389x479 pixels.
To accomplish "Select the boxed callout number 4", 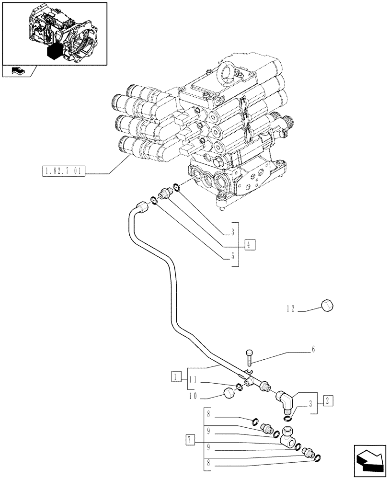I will (x=249, y=244).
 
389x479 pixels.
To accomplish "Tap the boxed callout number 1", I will (x=177, y=376).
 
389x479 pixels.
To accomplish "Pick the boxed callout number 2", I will (x=328, y=400).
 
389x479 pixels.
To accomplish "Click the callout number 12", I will (x=290, y=309).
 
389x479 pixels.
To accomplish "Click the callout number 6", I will (x=313, y=350).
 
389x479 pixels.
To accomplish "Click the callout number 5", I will (x=232, y=256).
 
